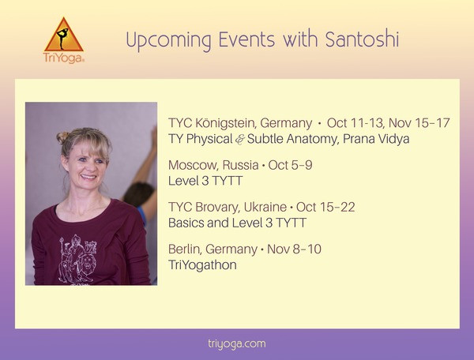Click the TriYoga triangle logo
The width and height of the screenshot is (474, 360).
(x=63, y=35)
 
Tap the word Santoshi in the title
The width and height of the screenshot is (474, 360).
(x=362, y=39)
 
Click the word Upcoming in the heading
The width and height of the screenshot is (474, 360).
(x=169, y=41)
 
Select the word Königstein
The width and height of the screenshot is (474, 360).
(x=226, y=123)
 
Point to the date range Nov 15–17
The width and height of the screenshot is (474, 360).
(x=419, y=123)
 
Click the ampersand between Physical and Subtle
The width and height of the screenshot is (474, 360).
(x=239, y=140)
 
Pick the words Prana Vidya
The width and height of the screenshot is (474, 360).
(x=376, y=139)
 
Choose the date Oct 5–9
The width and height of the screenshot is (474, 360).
(x=290, y=165)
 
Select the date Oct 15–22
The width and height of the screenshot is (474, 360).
(x=325, y=207)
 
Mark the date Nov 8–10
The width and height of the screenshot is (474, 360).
(x=294, y=249)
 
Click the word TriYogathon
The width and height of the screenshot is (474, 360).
(x=202, y=265)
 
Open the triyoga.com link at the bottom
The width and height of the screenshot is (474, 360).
(x=237, y=344)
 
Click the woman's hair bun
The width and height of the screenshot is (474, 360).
(x=62, y=137)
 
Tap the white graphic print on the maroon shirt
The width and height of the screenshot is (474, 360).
(x=77, y=259)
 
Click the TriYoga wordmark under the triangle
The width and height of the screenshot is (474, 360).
(x=64, y=58)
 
